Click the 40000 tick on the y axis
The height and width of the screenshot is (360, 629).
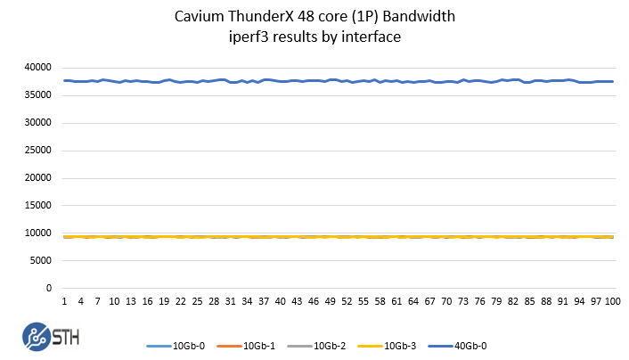click(38, 68)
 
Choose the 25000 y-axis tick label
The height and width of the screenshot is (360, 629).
click(38, 151)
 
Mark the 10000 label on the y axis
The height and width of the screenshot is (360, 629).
click(38, 233)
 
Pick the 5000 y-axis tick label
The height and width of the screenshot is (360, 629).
click(41, 261)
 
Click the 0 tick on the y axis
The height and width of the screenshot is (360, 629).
click(50, 289)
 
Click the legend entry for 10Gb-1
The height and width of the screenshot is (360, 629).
click(255, 345)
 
